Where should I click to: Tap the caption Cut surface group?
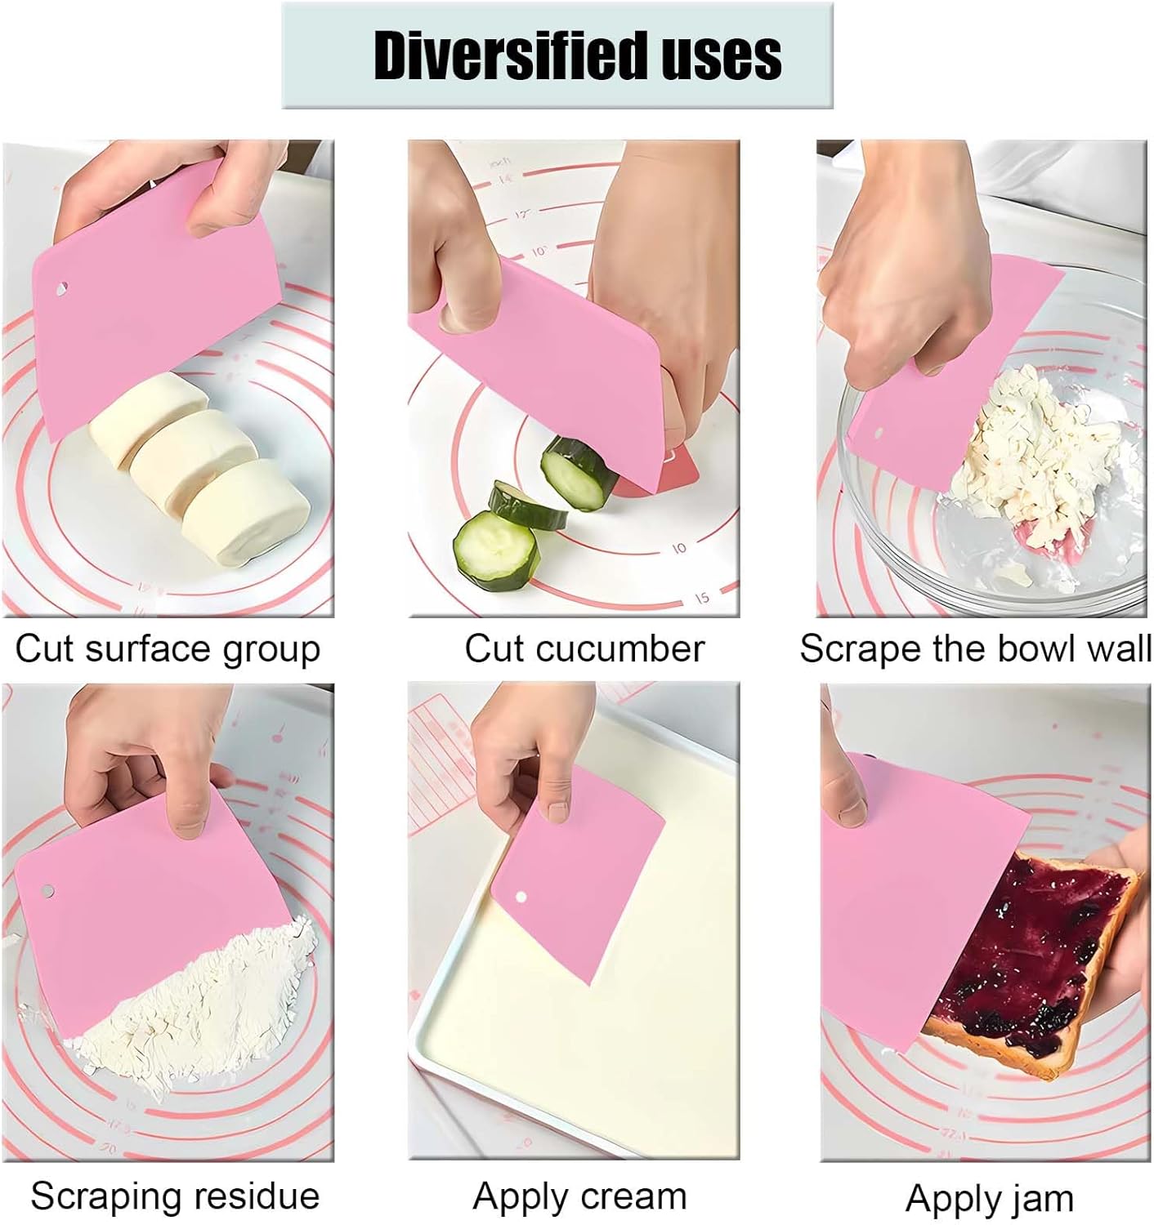[168, 650]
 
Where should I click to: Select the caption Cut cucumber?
[584, 650]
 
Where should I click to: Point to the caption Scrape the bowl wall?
[975, 650]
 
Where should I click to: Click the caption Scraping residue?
[175, 1196]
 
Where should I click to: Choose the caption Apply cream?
[579, 1196]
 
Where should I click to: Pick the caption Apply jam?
[989, 1199]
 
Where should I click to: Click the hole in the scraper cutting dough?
[61, 288]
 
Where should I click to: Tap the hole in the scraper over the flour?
[47, 889]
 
